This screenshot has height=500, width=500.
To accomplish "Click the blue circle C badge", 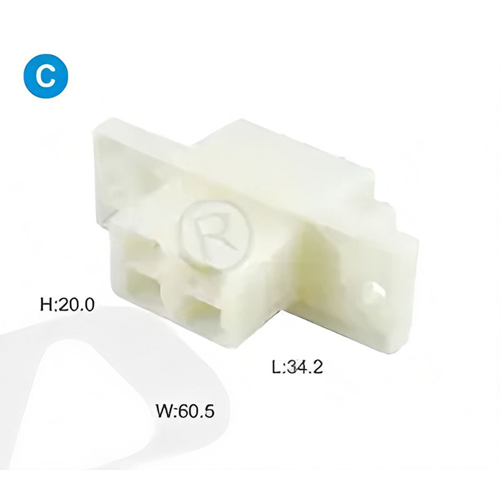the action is point(46,76).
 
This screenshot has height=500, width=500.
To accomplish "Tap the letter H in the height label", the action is point(46,304).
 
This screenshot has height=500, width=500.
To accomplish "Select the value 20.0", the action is point(76,304).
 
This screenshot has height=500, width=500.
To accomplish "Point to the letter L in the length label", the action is point(276,367).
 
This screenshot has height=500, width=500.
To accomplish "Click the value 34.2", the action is point(304,367).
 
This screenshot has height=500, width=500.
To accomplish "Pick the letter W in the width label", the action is point(164,411).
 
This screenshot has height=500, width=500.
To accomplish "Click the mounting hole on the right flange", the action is point(377,289).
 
